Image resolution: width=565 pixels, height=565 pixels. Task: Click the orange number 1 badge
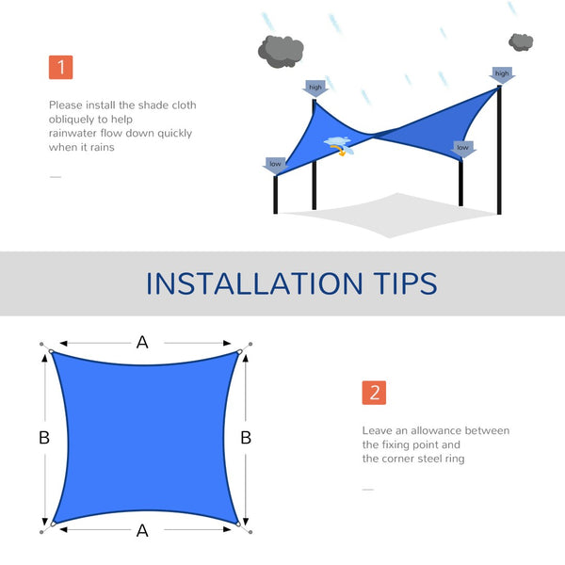pyautogui.click(x=60, y=67)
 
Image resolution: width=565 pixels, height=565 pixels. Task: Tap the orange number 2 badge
pyautogui.click(x=374, y=393)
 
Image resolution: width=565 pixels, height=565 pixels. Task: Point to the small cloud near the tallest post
pyautogui.click(x=521, y=41)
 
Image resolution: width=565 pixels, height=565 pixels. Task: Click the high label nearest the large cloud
pyautogui.click(x=315, y=88)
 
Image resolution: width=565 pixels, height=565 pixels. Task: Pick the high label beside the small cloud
pyautogui.click(x=501, y=73)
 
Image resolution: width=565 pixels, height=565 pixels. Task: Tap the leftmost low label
pyautogui.click(x=275, y=164)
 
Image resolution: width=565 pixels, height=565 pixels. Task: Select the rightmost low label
pyautogui.click(x=462, y=148)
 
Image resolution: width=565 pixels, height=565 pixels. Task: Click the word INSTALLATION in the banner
pyautogui.click(x=250, y=283)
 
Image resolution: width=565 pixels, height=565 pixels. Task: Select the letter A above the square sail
pyautogui.click(x=142, y=342)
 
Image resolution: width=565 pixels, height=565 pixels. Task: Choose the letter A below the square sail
pyautogui.click(x=142, y=531)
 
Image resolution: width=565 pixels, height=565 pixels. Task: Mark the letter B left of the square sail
pyautogui.click(x=44, y=437)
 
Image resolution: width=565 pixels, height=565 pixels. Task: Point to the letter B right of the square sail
pyautogui.click(x=246, y=437)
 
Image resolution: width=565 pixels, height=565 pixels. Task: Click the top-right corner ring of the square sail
pyautogui.click(x=240, y=353)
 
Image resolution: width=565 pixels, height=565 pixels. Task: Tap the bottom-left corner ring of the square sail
pyautogui.click(x=54, y=523)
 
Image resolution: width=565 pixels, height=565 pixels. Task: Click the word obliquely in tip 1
pyautogui.click(x=70, y=119)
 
